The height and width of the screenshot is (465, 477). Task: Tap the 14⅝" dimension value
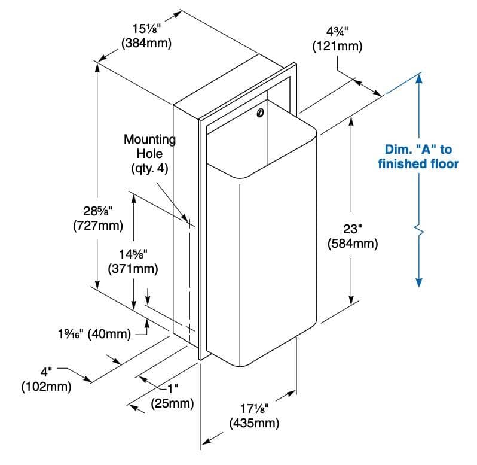133,254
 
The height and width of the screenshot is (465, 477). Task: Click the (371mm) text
133,269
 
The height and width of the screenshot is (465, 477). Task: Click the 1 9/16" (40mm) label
94,334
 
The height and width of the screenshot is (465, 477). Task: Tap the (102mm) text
46,387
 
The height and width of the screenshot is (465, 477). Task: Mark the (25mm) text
172,403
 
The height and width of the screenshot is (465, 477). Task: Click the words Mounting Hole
149,147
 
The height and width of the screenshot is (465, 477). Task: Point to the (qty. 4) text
149,168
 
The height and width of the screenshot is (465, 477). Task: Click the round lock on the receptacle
260,113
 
